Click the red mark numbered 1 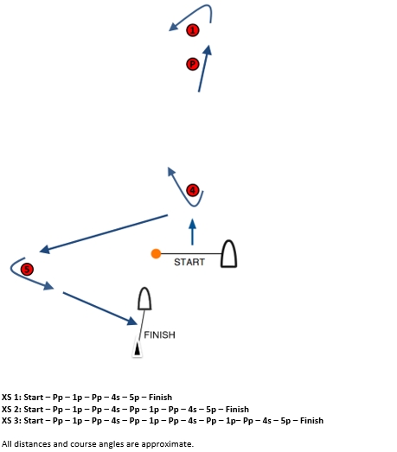[193, 30]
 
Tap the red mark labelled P [193, 63]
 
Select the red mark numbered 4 [193, 189]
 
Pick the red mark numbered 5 [27, 269]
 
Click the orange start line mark [156, 253]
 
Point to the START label [189, 262]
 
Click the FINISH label [159, 334]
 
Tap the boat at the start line [228, 253]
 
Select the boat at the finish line [145, 298]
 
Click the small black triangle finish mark [136, 349]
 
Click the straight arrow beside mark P [204, 69]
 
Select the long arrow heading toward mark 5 [104, 233]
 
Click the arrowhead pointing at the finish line [133, 321]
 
